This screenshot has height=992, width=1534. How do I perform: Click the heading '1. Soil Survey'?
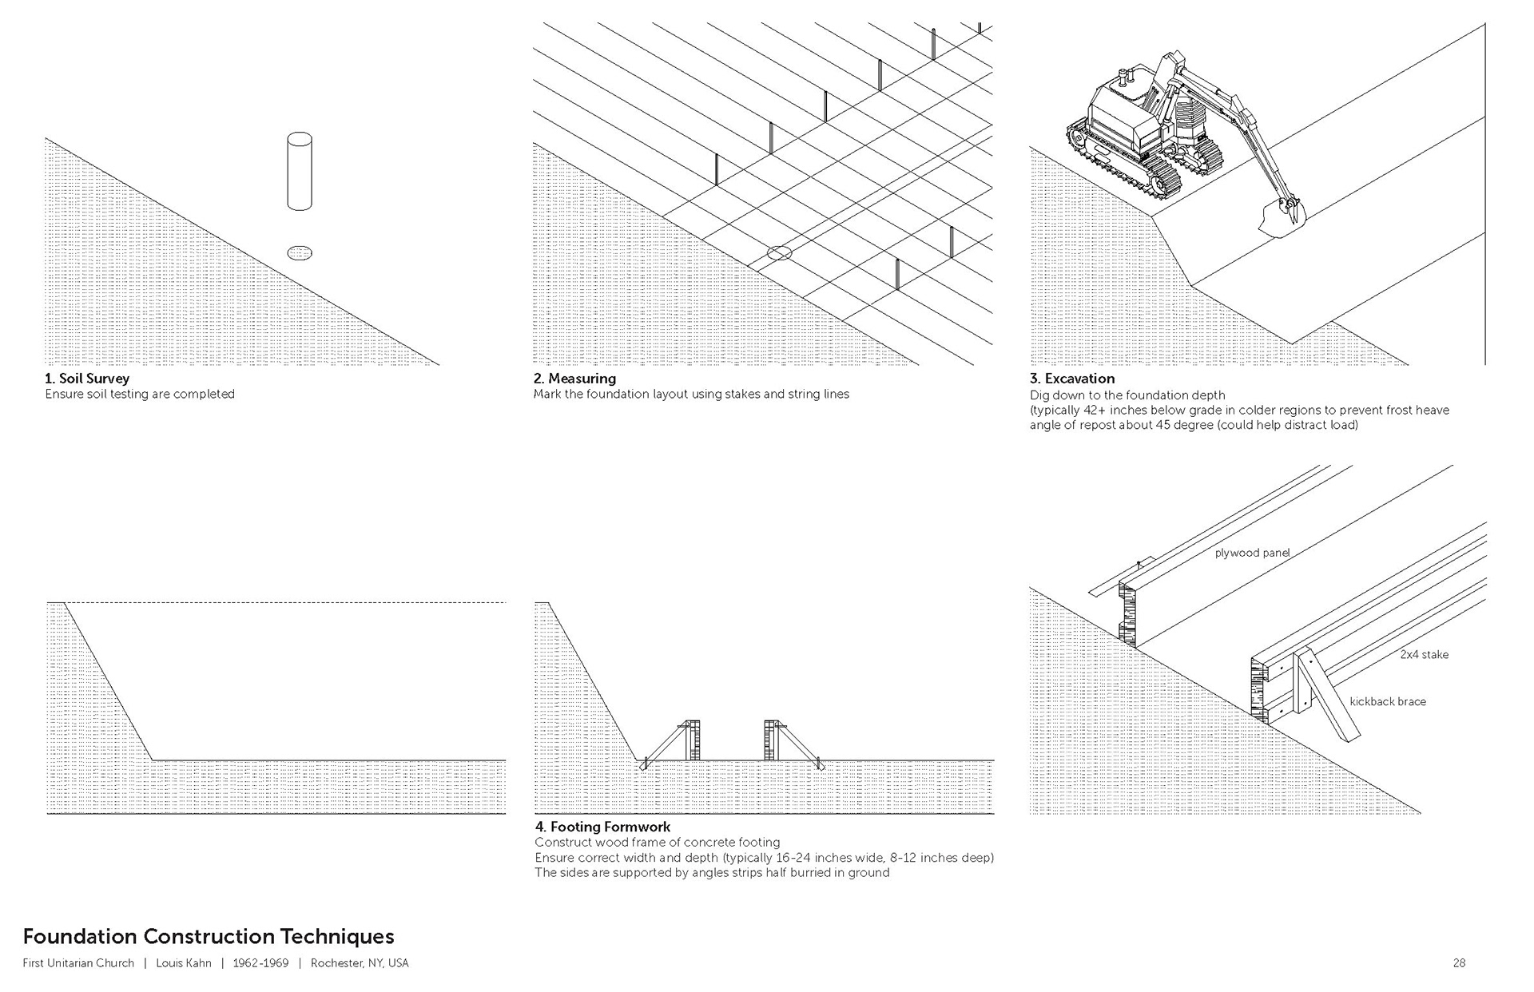(87, 379)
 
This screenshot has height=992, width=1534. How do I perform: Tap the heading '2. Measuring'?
(574, 379)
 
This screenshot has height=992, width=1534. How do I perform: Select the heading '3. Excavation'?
(1071, 379)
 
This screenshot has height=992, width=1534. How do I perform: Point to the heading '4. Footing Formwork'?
(602, 827)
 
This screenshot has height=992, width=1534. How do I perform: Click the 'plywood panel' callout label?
(1252, 553)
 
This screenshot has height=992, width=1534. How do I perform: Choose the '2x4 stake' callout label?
(1424, 655)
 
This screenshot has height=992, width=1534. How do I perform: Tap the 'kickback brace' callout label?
(1388, 702)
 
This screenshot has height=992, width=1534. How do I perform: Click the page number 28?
(1459, 963)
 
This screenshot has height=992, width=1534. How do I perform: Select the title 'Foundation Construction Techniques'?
(209, 936)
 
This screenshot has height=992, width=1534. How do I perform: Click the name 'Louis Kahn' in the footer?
(184, 963)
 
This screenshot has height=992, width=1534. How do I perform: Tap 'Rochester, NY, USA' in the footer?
(360, 963)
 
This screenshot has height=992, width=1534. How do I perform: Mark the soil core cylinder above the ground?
(300, 171)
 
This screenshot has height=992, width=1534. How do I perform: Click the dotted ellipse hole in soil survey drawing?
(300, 253)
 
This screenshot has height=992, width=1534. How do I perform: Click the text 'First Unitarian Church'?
(78, 963)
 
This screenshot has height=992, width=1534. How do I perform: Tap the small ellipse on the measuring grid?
(779, 253)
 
